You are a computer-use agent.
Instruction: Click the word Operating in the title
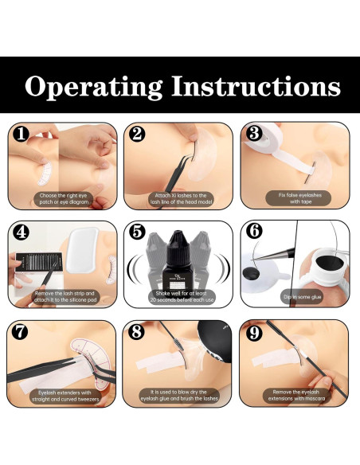(x=94, y=88)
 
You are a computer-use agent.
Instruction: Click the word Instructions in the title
(x=256, y=86)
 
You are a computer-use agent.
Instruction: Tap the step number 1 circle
(x=21, y=134)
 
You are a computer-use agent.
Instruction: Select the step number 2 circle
(x=137, y=134)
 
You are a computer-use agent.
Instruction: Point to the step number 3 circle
(x=254, y=134)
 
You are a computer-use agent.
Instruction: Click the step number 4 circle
(x=21, y=232)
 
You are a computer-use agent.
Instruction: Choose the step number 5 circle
(x=137, y=232)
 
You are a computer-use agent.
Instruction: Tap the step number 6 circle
(x=254, y=231)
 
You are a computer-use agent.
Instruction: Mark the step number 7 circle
(x=20, y=332)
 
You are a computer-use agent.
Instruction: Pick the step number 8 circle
(x=136, y=331)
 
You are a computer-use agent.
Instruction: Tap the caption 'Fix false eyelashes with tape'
(x=298, y=198)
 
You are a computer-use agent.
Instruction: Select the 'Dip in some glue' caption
(x=301, y=297)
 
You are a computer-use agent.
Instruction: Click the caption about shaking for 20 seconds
(x=181, y=296)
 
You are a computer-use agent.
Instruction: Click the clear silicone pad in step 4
(x=82, y=250)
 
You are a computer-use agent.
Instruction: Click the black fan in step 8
(x=215, y=341)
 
